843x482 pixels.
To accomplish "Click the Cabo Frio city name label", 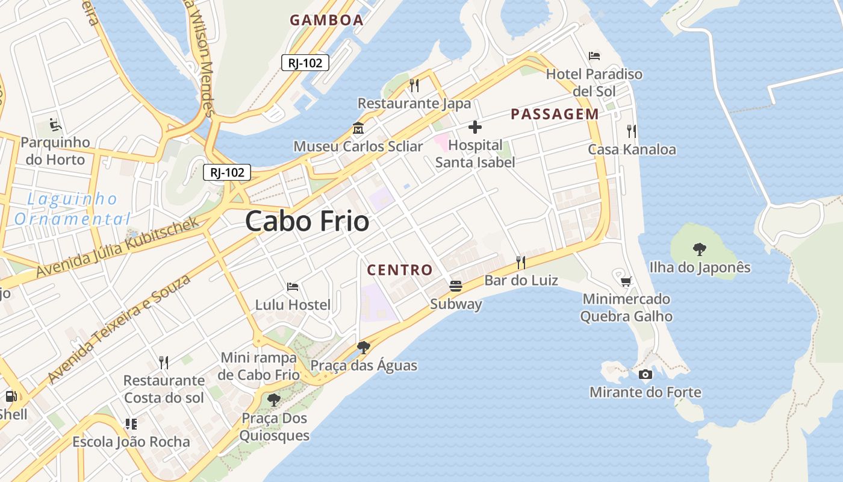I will [307, 222].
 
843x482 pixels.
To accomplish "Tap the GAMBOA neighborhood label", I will [326, 20].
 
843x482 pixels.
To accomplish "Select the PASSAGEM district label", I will [555, 114].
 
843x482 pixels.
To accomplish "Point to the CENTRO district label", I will [400, 270].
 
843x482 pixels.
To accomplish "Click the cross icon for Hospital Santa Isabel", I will [475, 127].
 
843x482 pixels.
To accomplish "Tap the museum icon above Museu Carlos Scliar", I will [358, 128].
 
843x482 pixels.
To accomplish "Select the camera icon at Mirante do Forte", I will [645, 375].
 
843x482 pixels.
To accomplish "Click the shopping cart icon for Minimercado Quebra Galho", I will [626, 281].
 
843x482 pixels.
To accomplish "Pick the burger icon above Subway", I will [456, 286].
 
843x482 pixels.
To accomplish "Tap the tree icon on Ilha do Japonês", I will [699, 248].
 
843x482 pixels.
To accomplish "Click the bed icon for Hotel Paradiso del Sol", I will [594, 56].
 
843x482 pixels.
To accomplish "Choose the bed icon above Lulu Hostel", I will [293, 287].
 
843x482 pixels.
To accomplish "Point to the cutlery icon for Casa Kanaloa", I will [632, 131].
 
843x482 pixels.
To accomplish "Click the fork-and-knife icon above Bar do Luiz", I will [521, 262].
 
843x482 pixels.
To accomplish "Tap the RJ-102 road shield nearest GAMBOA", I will [305, 62].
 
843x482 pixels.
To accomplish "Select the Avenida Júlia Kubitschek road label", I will [117, 247].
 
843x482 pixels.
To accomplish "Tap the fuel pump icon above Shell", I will [11, 396].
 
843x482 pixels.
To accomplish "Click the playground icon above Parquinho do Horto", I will [55, 125].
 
